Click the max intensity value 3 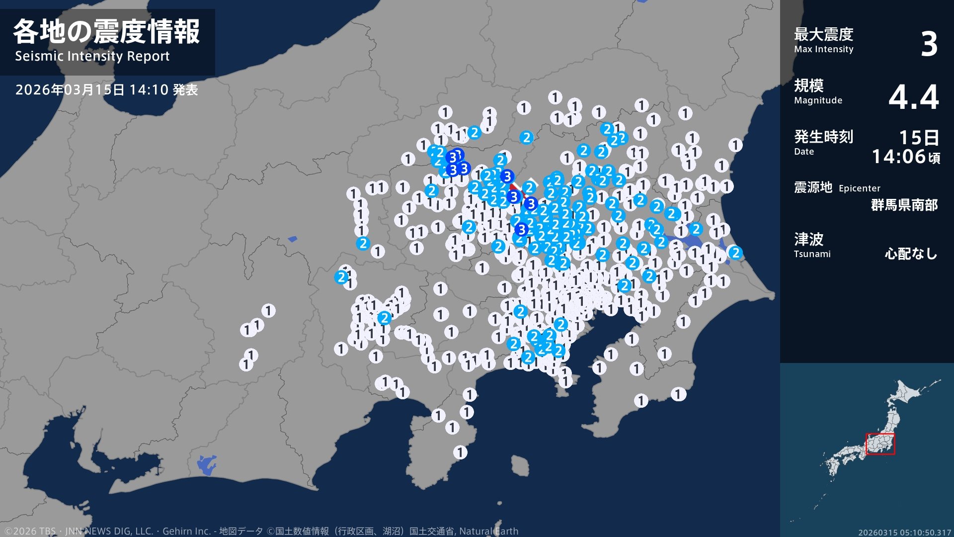[928, 44]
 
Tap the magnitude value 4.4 [913, 96]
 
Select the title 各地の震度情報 [106, 32]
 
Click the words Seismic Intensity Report [92, 56]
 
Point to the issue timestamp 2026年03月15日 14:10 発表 [106, 90]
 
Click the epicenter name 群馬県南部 [904, 205]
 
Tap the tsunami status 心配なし [910, 254]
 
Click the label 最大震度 [823, 34]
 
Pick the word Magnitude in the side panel [818, 100]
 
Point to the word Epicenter [859, 188]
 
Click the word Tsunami [812, 254]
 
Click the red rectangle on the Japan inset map [880, 444]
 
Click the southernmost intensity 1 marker [460, 452]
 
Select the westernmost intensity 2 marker [341, 277]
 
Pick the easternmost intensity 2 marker [735, 253]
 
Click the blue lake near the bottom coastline [206, 465]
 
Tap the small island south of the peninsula [520, 466]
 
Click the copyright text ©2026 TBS [30, 531]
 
